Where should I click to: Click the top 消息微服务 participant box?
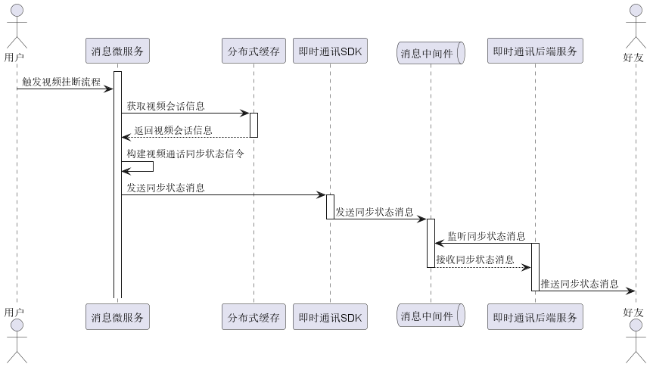(117, 51)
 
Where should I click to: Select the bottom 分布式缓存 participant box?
(253, 316)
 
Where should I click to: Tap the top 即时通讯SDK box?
(330, 51)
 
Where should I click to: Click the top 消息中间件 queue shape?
(431, 52)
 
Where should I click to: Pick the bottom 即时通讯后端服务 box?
(535, 316)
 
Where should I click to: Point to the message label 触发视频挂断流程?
(61, 81)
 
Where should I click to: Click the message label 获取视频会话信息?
(166, 106)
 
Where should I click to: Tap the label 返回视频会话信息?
(173, 130)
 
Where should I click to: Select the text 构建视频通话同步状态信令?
(175, 154)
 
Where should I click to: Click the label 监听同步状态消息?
(487, 236)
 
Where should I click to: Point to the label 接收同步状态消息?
(475, 260)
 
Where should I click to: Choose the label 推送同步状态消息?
(580, 284)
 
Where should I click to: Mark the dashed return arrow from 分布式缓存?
(185, 138)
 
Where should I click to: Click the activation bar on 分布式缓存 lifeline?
(253, 125)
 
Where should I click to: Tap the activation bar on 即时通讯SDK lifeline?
(330, 207)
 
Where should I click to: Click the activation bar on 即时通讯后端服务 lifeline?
(535, 266)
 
